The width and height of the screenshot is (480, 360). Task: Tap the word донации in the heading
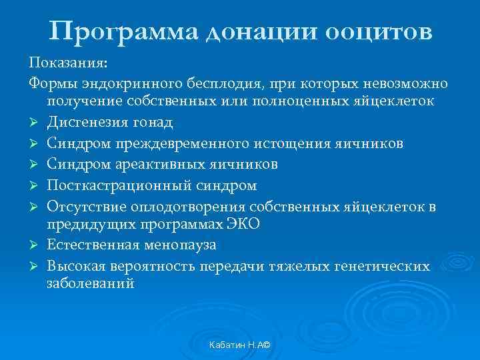coord(254,31)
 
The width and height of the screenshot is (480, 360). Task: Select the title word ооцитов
coord(380,31)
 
